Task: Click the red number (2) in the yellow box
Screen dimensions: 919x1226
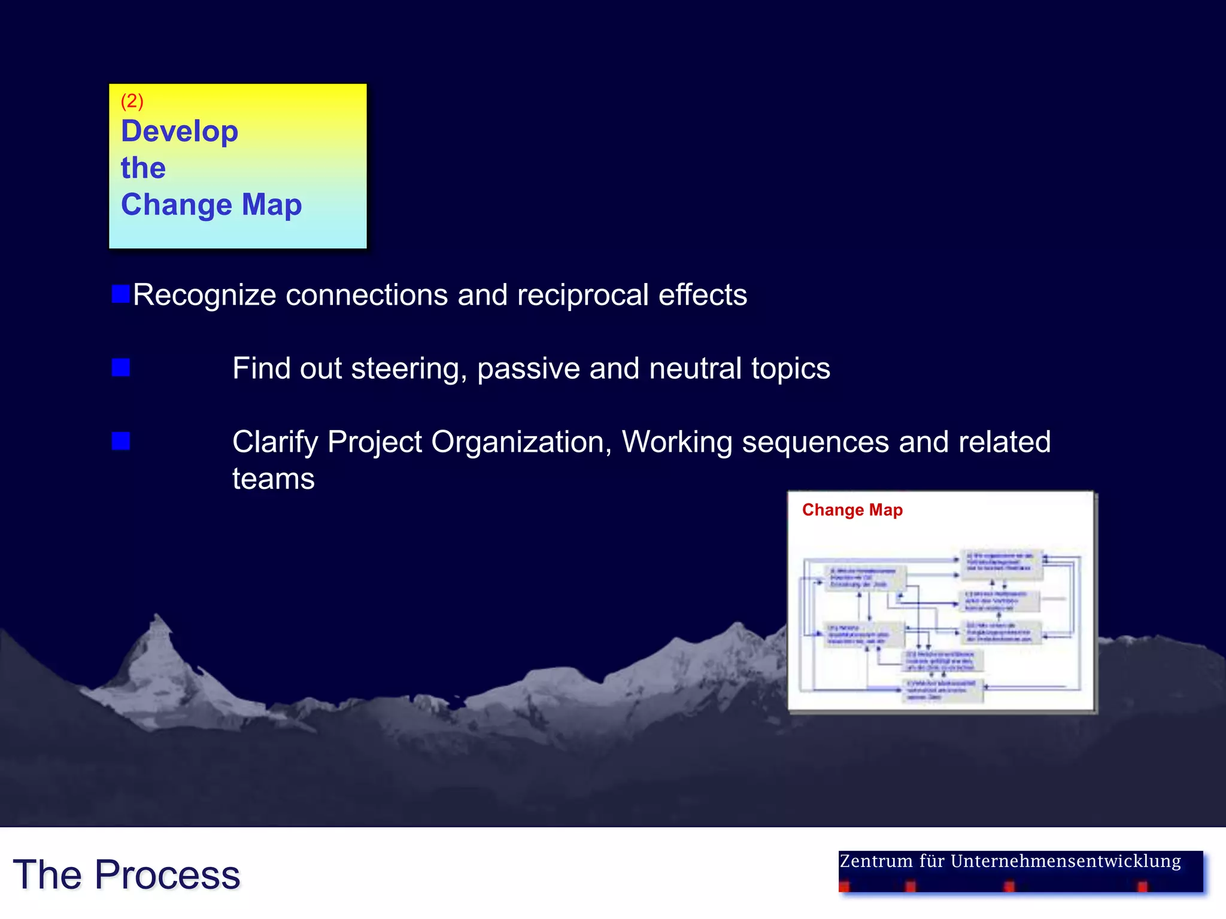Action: tap(132, 101)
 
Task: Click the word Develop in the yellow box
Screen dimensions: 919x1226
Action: tap(180, 132)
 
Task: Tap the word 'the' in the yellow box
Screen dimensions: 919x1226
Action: tap(143, 168)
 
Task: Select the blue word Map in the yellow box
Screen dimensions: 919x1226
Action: tap(272, 205)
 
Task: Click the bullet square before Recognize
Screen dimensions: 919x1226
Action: tap(121, 294)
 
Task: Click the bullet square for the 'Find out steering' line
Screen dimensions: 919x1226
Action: tap(121, 367)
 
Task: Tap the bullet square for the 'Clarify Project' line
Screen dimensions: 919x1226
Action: tap(121, 441)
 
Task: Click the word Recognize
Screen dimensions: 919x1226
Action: tap(204, 296)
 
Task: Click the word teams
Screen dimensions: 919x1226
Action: tap(274, 479)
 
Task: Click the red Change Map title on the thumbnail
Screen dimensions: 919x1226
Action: tap(852, 510)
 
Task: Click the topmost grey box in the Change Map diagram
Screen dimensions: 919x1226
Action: tap(1002, 564)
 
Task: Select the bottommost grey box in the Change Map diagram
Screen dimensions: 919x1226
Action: tap(943, 690)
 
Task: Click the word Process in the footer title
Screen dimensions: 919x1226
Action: tap(167, 875)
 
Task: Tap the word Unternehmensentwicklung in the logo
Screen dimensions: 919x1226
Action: tap(1065, 862)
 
